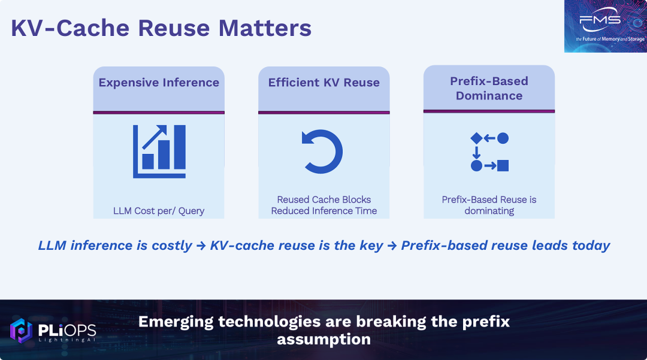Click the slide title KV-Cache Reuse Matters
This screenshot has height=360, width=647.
coord(161,28)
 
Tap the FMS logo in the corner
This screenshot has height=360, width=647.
coord(605,26)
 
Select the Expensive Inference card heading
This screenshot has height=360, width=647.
coord(159,83)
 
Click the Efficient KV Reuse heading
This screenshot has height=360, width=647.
coord(324,83)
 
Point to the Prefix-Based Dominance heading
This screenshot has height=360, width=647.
coord(489,88)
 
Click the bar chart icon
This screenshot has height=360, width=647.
coord(159,152)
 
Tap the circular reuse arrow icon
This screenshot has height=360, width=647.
coord(322,152)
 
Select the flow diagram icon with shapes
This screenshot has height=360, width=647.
coord(489,152)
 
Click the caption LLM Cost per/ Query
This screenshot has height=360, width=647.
coord(159,211)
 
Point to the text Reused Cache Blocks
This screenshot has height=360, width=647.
coord(324,199)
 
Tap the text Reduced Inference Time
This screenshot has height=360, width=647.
coord(324,211)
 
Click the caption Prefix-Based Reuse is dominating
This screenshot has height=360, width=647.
coord(489,205)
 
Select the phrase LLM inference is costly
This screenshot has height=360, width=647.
coord(115,246)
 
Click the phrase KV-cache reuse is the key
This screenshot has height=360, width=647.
coord(297,246)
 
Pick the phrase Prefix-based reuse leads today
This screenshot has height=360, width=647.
coord(506,246)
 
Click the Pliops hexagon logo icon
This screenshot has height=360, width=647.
coord(21,330)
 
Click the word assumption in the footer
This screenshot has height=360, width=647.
coord(324,340)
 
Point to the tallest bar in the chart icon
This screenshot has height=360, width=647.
coord(180,147)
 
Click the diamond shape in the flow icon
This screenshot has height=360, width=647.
coord(477,138)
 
